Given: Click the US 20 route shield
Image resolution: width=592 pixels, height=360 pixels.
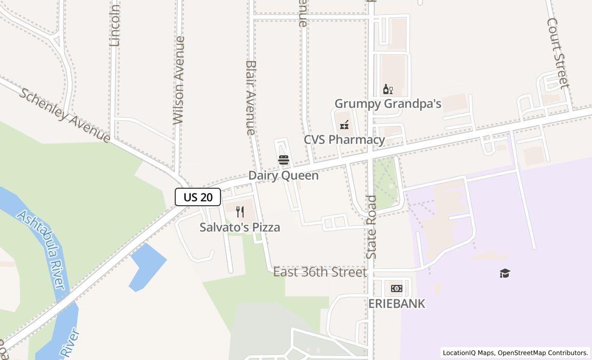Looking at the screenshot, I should pyautogui.click(x=198, y=197).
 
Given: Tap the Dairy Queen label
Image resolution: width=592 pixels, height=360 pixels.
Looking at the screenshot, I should pyautogui.click(x=283, y=175).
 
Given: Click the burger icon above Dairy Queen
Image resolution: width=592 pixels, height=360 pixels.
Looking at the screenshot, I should pyautogui.click(x=283, y=160).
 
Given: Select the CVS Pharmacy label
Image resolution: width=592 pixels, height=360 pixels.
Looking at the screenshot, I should pyautogui.click(x=344, y=140).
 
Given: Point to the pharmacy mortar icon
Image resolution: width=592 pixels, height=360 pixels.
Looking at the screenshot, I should pyautogui.click(x=344, y=124).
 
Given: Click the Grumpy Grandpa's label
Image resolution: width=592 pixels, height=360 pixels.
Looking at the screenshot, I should pyautogui.click(x=388, y=104).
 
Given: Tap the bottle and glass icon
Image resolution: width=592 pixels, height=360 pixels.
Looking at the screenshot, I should pyautogui.click(x=387, y=89).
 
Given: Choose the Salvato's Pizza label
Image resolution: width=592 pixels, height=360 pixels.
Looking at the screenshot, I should pyautogui.click(x=240, y=227).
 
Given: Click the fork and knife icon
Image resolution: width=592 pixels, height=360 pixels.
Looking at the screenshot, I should pyautogui.click(x=240, y=212).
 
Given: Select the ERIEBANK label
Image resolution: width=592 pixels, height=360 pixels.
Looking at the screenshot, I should pyautogui.click(x=397, y=303).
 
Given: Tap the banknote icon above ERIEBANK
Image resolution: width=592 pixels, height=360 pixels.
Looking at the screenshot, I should pyautogui.click(x=397, y=289).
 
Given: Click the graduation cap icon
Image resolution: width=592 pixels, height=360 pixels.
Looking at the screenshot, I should pyautogui.click(x=505, y=273).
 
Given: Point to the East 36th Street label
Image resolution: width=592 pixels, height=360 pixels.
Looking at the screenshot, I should pyautogui.click(x=320, y=272).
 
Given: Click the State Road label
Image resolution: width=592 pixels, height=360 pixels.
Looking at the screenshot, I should pyautogui.click(x=372, y=226).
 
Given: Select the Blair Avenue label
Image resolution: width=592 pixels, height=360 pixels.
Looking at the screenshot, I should pyautogui.click(x=251, y=98).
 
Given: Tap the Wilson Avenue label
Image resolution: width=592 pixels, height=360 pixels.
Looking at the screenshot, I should pyautogui.click(x=179, y=80).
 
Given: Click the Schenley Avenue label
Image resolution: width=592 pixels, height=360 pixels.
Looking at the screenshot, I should pyautogui.click(x=65, y=115).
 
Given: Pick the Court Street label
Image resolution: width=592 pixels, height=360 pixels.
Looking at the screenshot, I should pyautogui.click(x=558, y=53).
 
